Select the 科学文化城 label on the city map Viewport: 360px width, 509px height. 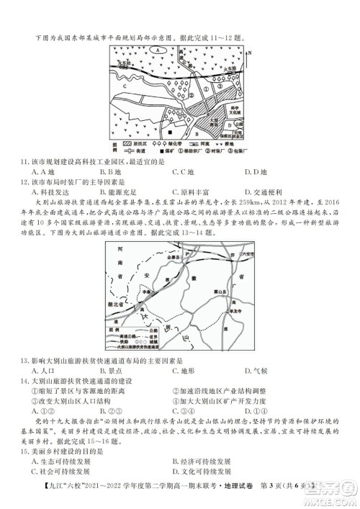(234, 110)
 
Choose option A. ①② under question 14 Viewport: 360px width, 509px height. (42, 412)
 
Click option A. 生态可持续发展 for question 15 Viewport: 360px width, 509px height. (64, 461)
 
